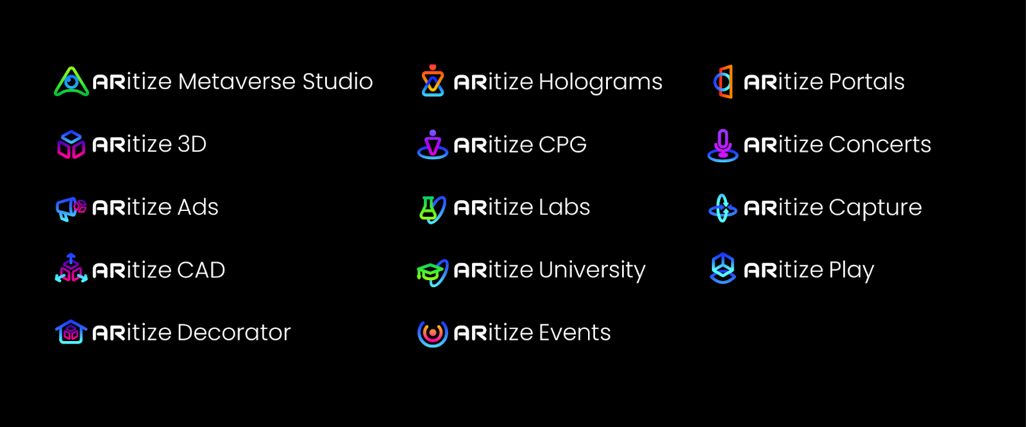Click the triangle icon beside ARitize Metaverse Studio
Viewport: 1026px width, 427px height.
(71, 82)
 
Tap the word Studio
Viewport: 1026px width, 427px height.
(337, 81)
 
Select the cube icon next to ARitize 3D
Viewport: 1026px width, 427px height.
(71, 144)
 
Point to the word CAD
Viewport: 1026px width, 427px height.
(201, 270)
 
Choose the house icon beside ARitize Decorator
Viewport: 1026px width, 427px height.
(71, 332)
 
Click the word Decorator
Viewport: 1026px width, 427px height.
(233, 332)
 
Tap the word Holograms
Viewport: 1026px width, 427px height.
(600, 82)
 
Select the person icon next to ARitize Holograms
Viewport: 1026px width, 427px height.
(433, 81)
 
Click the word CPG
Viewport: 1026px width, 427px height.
(562, 144)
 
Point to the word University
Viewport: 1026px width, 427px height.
(592, 270)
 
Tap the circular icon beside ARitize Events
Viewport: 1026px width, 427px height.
(433, 333)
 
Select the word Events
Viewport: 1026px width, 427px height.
(575, 332)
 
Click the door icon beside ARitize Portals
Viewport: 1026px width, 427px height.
(723, 81)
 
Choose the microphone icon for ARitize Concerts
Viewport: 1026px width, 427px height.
(723, 145)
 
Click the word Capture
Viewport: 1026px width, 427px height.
(875, 208)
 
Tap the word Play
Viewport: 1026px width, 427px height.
(851, 270)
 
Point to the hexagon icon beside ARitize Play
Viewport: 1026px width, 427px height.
(723, 268)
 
